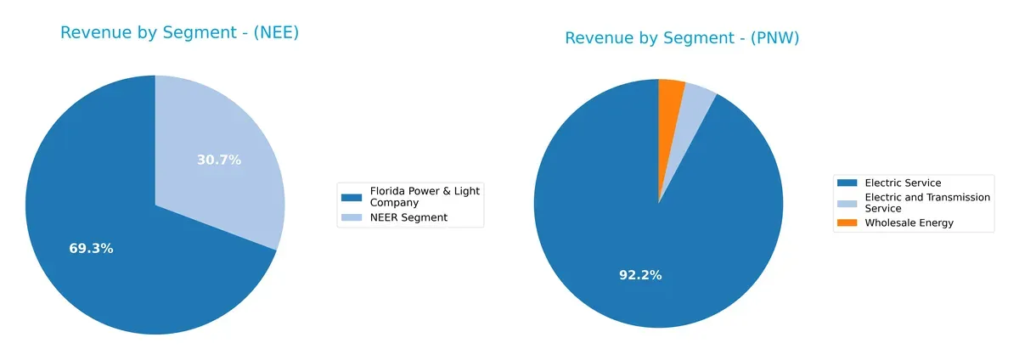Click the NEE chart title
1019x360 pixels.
(179, 33)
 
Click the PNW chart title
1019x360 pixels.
(682, 38)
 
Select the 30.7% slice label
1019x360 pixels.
(219, 160)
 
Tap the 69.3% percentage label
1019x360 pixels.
(91, 249)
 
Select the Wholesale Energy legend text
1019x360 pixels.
(909, 222)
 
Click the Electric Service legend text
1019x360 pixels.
(903, 183)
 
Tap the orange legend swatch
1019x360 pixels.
(847, 223)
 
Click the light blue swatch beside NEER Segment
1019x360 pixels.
(351, 218)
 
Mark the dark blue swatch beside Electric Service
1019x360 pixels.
(847, 183)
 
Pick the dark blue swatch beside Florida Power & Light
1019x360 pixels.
(351, 197)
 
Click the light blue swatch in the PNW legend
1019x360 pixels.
(847, 203)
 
